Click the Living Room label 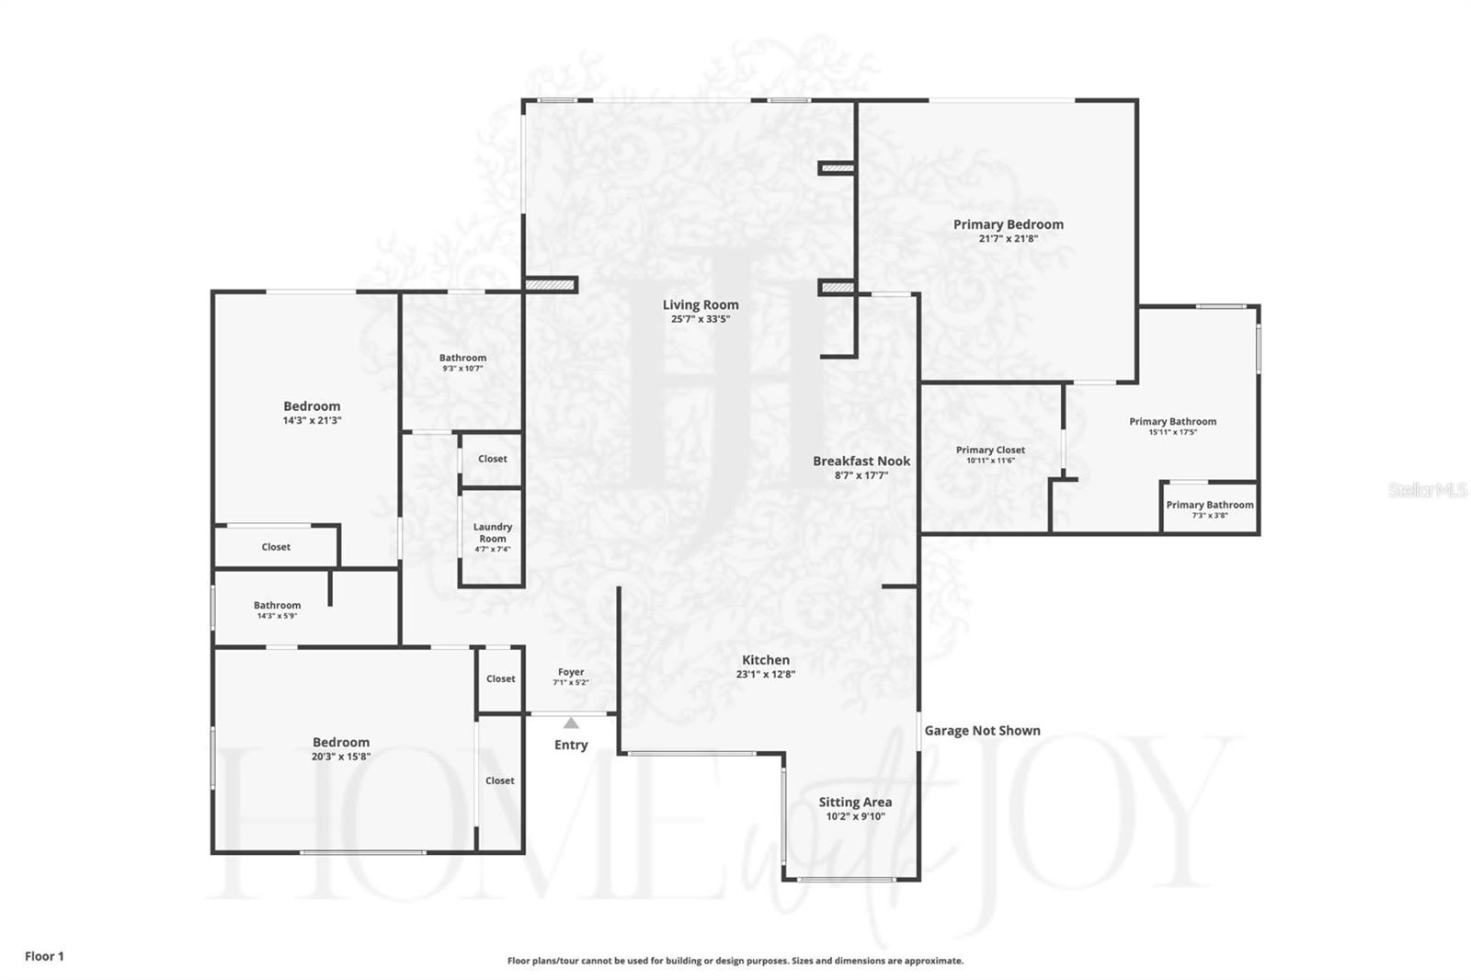coord(701,305)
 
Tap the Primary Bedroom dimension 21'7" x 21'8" coord(1008,238)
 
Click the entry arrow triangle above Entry coord(571,724)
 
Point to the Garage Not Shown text coord(982,731)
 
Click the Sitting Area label coord(855,802)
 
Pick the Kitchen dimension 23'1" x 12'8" coord(765,674)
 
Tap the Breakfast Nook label coord(861,462)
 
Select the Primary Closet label coord(990,450)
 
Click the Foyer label coord(570,672)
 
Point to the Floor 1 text coord(44,956)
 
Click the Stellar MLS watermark coord(1427,490)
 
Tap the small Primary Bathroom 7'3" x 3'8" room coord(1209,508)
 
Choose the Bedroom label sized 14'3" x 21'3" coord(312,406)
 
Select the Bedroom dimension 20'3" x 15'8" coord(340,757)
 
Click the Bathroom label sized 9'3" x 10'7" coord(462,358)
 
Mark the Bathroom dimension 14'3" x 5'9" coord(277,615)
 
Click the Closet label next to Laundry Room coord(492,459)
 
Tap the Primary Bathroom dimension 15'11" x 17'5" coord(1172,431)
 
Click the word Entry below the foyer coord(571,745)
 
